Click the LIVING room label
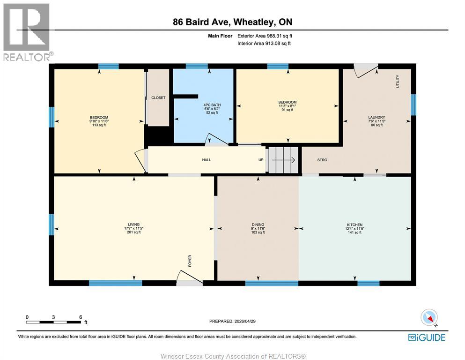[134, 225]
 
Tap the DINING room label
[258, 225]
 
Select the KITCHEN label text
[355, 225]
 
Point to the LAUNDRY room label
[376, 117]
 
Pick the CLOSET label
[158, 97]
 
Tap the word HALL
[207, 160]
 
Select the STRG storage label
[322, 160]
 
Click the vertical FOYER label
[190, 261]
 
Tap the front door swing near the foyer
[190, 278]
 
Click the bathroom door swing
[216, 140]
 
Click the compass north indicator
[429, 318]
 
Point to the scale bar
[54, 322]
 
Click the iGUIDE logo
[427, 337]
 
